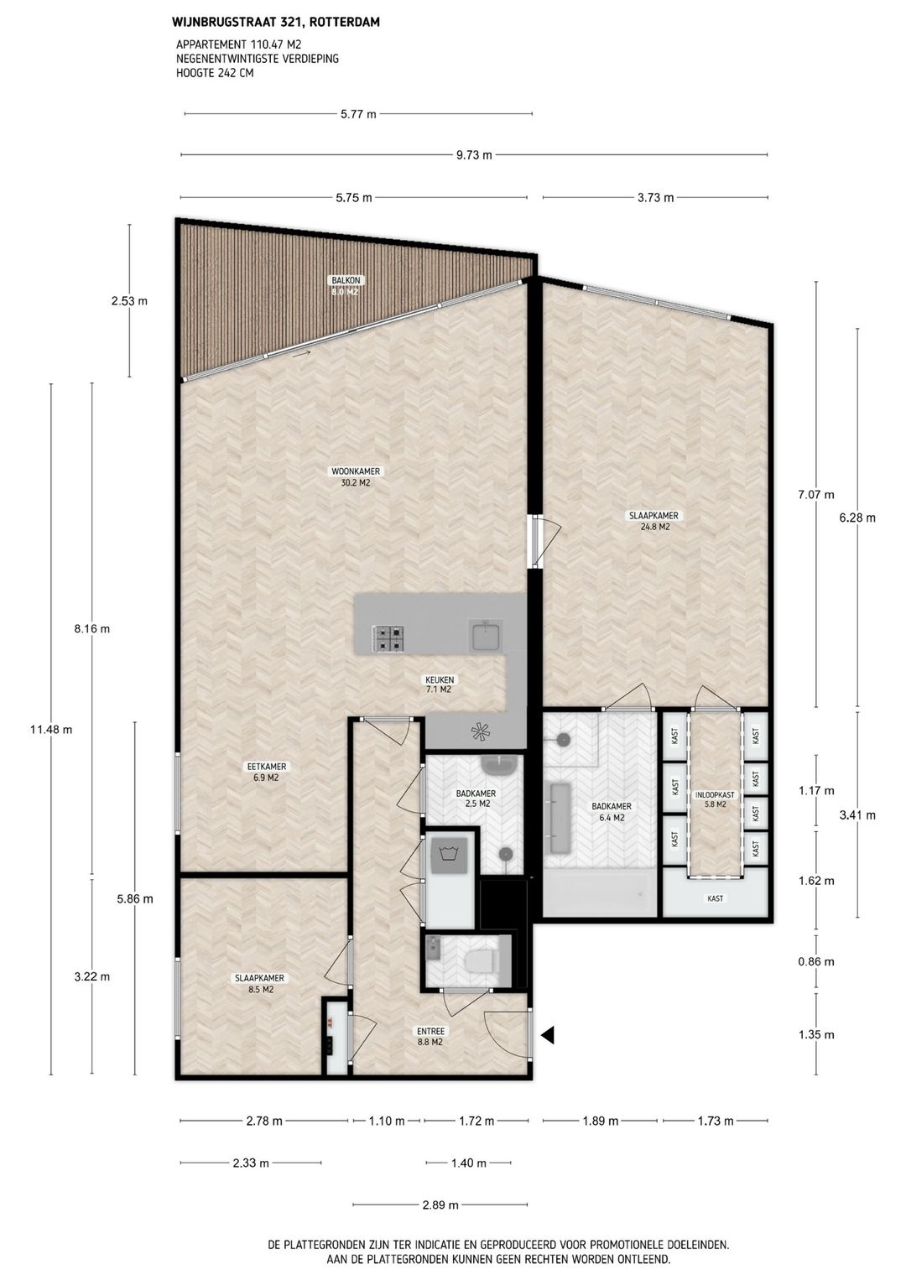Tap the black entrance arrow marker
[x=548, y=1035]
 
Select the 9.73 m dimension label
[x=474, y=155]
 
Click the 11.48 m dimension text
[x=51, y=729]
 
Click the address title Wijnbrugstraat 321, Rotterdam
[x=275, y=23]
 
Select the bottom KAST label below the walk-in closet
[x=715, y=898]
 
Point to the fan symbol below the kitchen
[x=480, y=733]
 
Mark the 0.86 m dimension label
[x=816, y=962]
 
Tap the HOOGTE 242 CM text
[x=215, y=73]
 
